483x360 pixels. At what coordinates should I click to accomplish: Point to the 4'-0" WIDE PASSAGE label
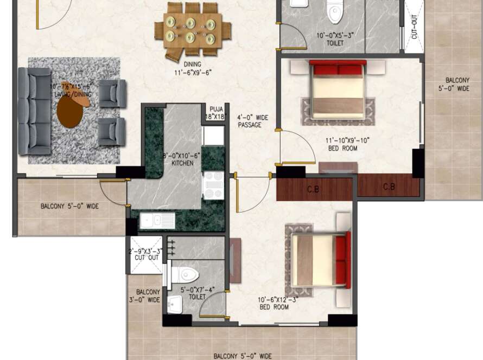pyautogui.click(x=250, y=121)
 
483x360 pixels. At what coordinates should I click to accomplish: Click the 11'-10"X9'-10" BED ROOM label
pyautogui.click(x=342, y=144)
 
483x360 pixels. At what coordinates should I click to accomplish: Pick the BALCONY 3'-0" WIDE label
pyautogui.click(x=147, y=295)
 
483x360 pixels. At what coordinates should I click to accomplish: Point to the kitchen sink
pyautogui.click(x=157, y=221)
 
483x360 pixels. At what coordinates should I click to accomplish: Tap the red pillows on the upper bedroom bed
pyautogui.click(x=338, y=70)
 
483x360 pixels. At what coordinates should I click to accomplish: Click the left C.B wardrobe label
pyautogui.click(x=313, y=190)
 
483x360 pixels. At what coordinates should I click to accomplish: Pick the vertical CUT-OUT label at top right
pyautogui.click(x=415, y=27)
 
